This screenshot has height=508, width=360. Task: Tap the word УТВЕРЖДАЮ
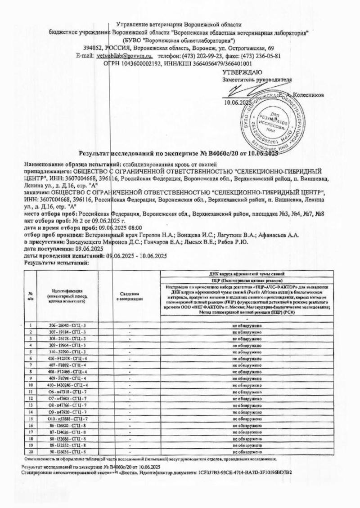[240, 72]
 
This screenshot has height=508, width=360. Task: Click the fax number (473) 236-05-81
[260, 56]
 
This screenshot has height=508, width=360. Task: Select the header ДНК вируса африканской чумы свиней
[247, 274]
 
